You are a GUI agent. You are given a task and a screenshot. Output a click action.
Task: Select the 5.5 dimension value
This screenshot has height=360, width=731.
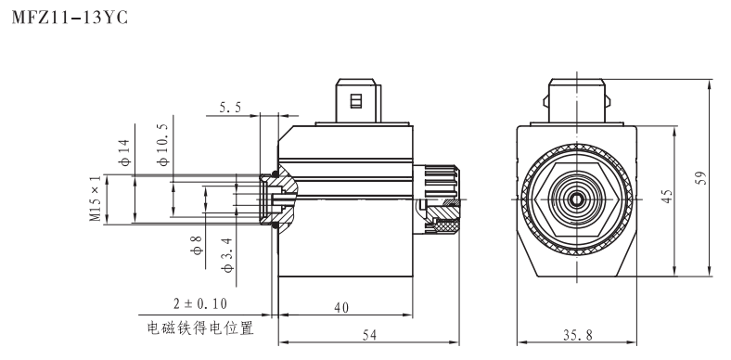tap(231, 108)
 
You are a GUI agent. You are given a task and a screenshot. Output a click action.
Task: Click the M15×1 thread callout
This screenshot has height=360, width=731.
tap(94, 199)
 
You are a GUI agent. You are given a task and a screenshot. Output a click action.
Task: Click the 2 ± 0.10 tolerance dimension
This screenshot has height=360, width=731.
tap(199, 303)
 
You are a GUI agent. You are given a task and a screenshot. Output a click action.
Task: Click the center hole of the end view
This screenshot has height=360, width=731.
tap(575, 199)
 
